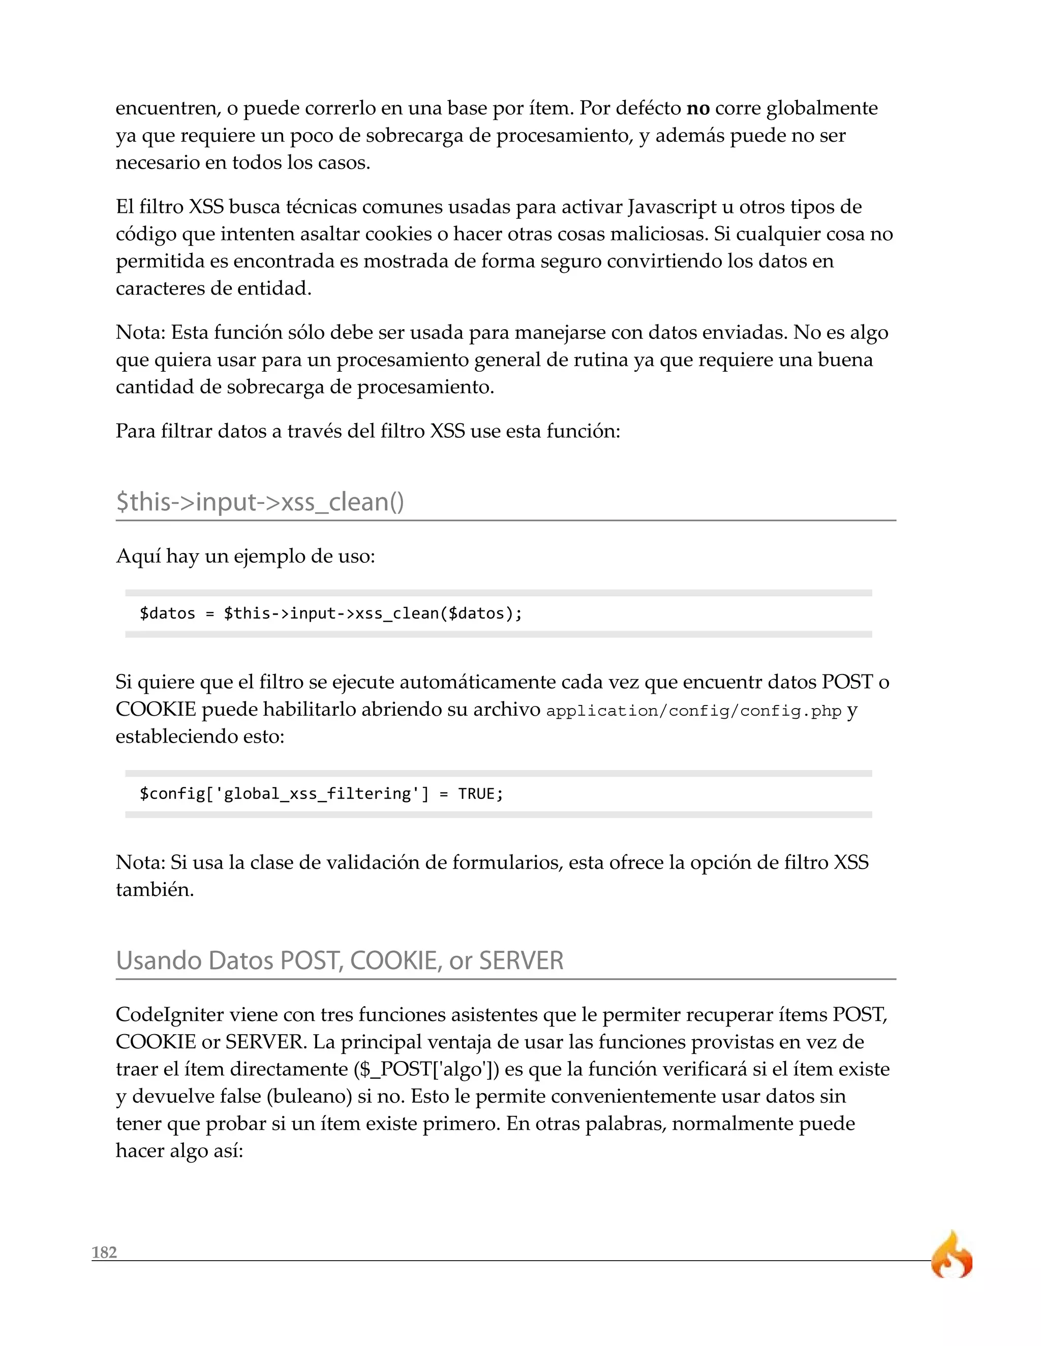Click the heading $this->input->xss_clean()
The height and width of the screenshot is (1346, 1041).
[260, 502]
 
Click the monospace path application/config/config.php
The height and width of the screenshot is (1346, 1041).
[693, 711]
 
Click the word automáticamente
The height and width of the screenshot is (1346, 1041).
[477, 682]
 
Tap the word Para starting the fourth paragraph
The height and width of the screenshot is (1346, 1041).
[135, 430]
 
